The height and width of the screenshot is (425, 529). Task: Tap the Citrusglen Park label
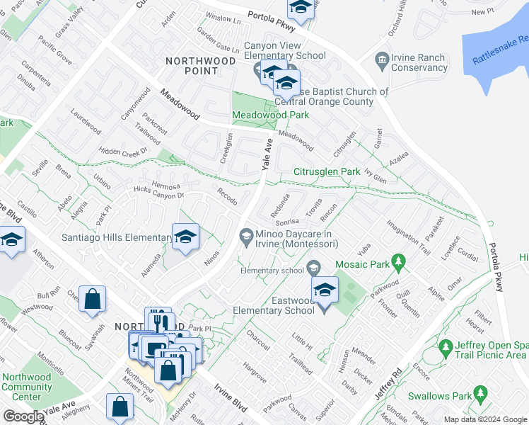327,172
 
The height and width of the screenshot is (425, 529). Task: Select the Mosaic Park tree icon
399,263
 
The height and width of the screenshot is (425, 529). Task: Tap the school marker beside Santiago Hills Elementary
185,237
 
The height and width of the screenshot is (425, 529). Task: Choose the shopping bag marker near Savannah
93,299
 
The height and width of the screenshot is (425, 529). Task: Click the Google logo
23,416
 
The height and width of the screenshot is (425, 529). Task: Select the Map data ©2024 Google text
485,419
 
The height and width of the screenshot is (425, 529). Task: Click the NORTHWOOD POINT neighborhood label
202,66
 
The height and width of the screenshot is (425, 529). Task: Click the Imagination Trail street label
408,237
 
